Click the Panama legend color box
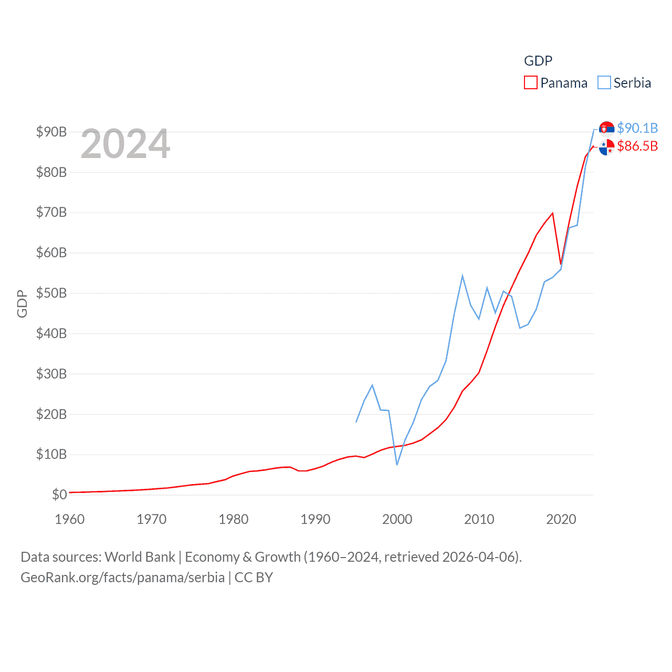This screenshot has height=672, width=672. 530,83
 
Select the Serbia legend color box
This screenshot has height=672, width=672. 604,83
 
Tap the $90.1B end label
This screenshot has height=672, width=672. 637,128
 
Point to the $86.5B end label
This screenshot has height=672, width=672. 637,146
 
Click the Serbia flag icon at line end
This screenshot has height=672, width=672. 606,129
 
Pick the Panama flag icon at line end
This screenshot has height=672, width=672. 606,148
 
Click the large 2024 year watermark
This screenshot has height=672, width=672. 125,144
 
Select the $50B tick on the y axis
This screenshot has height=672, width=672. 51,293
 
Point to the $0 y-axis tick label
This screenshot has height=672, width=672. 59,495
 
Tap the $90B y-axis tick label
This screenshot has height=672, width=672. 51,132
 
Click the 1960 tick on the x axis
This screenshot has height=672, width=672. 70,519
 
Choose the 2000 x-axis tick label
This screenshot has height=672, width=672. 397,519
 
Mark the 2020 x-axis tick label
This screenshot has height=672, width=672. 561,519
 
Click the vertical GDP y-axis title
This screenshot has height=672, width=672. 22,304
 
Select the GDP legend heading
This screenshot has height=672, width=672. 538,61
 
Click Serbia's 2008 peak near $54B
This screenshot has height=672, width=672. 463,276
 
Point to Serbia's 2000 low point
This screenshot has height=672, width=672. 397,465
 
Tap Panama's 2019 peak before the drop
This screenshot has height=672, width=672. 552,213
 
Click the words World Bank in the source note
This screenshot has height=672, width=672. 140,557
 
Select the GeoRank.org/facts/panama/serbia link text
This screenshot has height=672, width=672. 122,577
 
